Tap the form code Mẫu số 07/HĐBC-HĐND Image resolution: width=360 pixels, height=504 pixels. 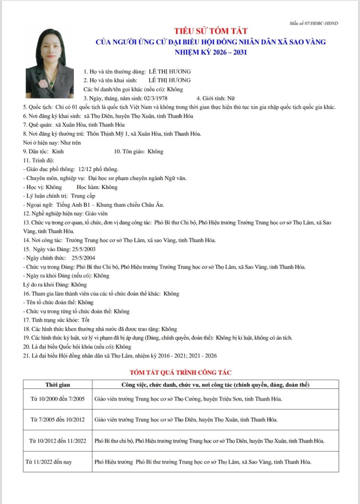[314, 23]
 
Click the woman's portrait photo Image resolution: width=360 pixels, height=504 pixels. [50, 63]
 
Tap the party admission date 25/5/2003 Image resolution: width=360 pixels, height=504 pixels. [84, 249]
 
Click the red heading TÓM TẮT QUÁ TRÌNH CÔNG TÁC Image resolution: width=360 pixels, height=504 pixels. [181, 372]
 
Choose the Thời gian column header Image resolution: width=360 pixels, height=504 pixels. [58, 384]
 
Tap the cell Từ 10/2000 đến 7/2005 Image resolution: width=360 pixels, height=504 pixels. [58, 399]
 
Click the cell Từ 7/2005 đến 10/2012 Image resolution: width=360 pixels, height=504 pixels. [58, 419]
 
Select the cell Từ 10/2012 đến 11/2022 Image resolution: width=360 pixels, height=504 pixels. [58, 441]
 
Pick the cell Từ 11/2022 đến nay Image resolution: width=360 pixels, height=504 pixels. [48, 462]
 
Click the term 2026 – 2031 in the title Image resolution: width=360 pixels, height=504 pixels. [229, 52]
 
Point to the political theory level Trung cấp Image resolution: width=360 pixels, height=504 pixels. [83, 196]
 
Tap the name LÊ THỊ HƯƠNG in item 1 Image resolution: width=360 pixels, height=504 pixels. [169, 72]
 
